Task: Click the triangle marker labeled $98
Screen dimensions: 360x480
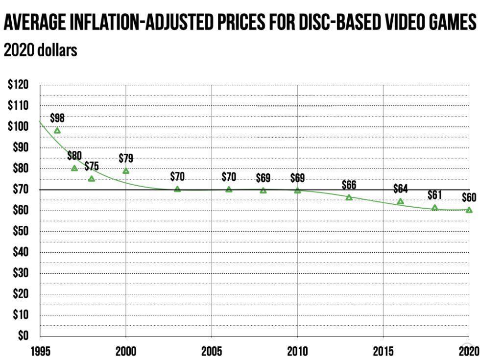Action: pos(57,131)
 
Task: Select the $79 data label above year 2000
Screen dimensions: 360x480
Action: pos(126,158)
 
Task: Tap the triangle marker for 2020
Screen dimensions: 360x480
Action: pos(469,210)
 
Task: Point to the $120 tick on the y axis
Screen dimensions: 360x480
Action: pos(18,85)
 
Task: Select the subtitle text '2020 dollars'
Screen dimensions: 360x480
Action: pos(41,50)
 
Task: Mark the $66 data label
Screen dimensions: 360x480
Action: pos(349,185)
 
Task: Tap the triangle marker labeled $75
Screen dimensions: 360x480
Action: pos(92,179)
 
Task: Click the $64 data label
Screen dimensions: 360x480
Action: pos(400,189)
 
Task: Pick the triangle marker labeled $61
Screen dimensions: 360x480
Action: pos(434,208)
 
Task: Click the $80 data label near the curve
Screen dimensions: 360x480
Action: pos(74,156)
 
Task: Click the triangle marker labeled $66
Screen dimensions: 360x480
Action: pos(349,197)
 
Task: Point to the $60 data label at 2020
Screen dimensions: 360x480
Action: pos(469,198)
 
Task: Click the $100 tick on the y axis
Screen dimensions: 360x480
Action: pos(18,126)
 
